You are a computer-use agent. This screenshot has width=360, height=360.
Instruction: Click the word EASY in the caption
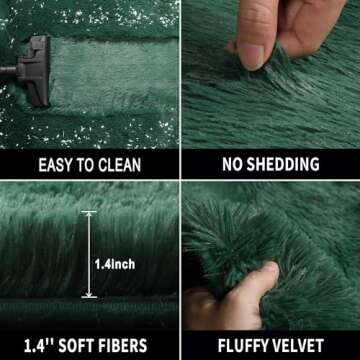[x=55, y=165]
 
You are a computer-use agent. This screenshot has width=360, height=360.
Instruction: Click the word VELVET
[x=308, y=345]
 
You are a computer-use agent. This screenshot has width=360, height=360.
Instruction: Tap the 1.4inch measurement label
[x=114, y=265]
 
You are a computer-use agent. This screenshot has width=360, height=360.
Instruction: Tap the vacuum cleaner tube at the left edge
[x=8, y=71]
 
